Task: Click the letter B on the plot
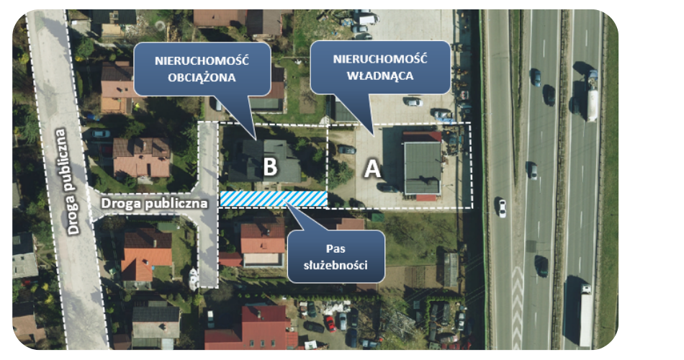coord(270,167)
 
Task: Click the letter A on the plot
coord(372,169)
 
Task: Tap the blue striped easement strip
coord(274,199)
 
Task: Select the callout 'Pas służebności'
coord(336,256)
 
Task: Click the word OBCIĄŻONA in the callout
coord(202,78)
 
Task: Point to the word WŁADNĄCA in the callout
coord(380,76)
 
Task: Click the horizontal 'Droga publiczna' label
coord(154,203)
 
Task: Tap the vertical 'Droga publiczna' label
coord(67,181)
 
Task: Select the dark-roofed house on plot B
coord(265,161)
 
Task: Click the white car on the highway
coord(502,207)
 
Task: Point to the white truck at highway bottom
coord(585,315)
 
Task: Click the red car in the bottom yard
coord(330,323)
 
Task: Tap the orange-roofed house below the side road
coord(147,256)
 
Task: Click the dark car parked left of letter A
coord(347,150)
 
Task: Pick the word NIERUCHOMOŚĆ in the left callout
coord(202,60)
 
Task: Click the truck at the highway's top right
coord(591,96)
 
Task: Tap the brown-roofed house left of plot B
coord(141,157)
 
